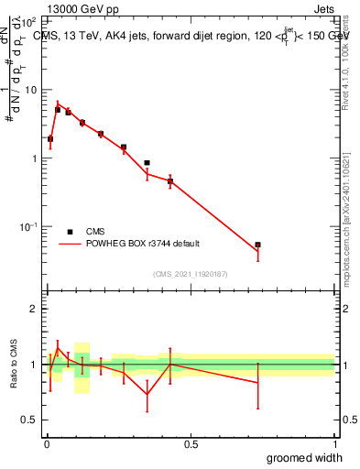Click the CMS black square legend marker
(x=70, y=232)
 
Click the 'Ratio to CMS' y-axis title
(x=14, y=364)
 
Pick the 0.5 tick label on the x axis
(x=191, y=444)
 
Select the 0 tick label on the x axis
(x=47, y=444)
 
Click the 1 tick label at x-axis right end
(x=334, y=444)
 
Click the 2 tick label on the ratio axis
(x=33, y=309)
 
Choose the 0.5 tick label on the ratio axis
(x=29, y=420)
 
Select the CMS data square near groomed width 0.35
(x=147, y=163)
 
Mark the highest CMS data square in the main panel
(x=58, y=110)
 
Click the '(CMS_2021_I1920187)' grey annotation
(x=191, y=274)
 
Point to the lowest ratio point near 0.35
(x=147, y=395)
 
